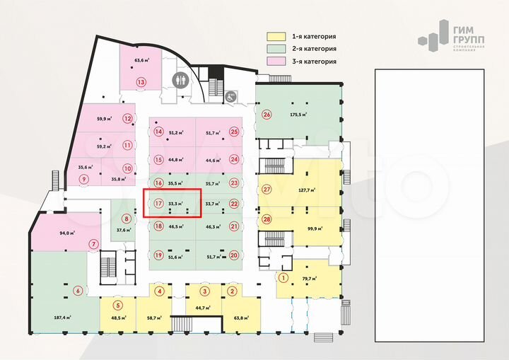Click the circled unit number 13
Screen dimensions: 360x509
[141, 82]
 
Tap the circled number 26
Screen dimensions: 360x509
[267, 115]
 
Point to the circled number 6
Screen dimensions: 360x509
[77, 289]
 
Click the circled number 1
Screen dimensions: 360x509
[283, 277]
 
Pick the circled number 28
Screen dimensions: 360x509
[267, 219]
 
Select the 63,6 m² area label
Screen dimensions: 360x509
[139, 60]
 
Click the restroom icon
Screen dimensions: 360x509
[180, 79]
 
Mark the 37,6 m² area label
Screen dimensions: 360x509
[124, 230]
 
